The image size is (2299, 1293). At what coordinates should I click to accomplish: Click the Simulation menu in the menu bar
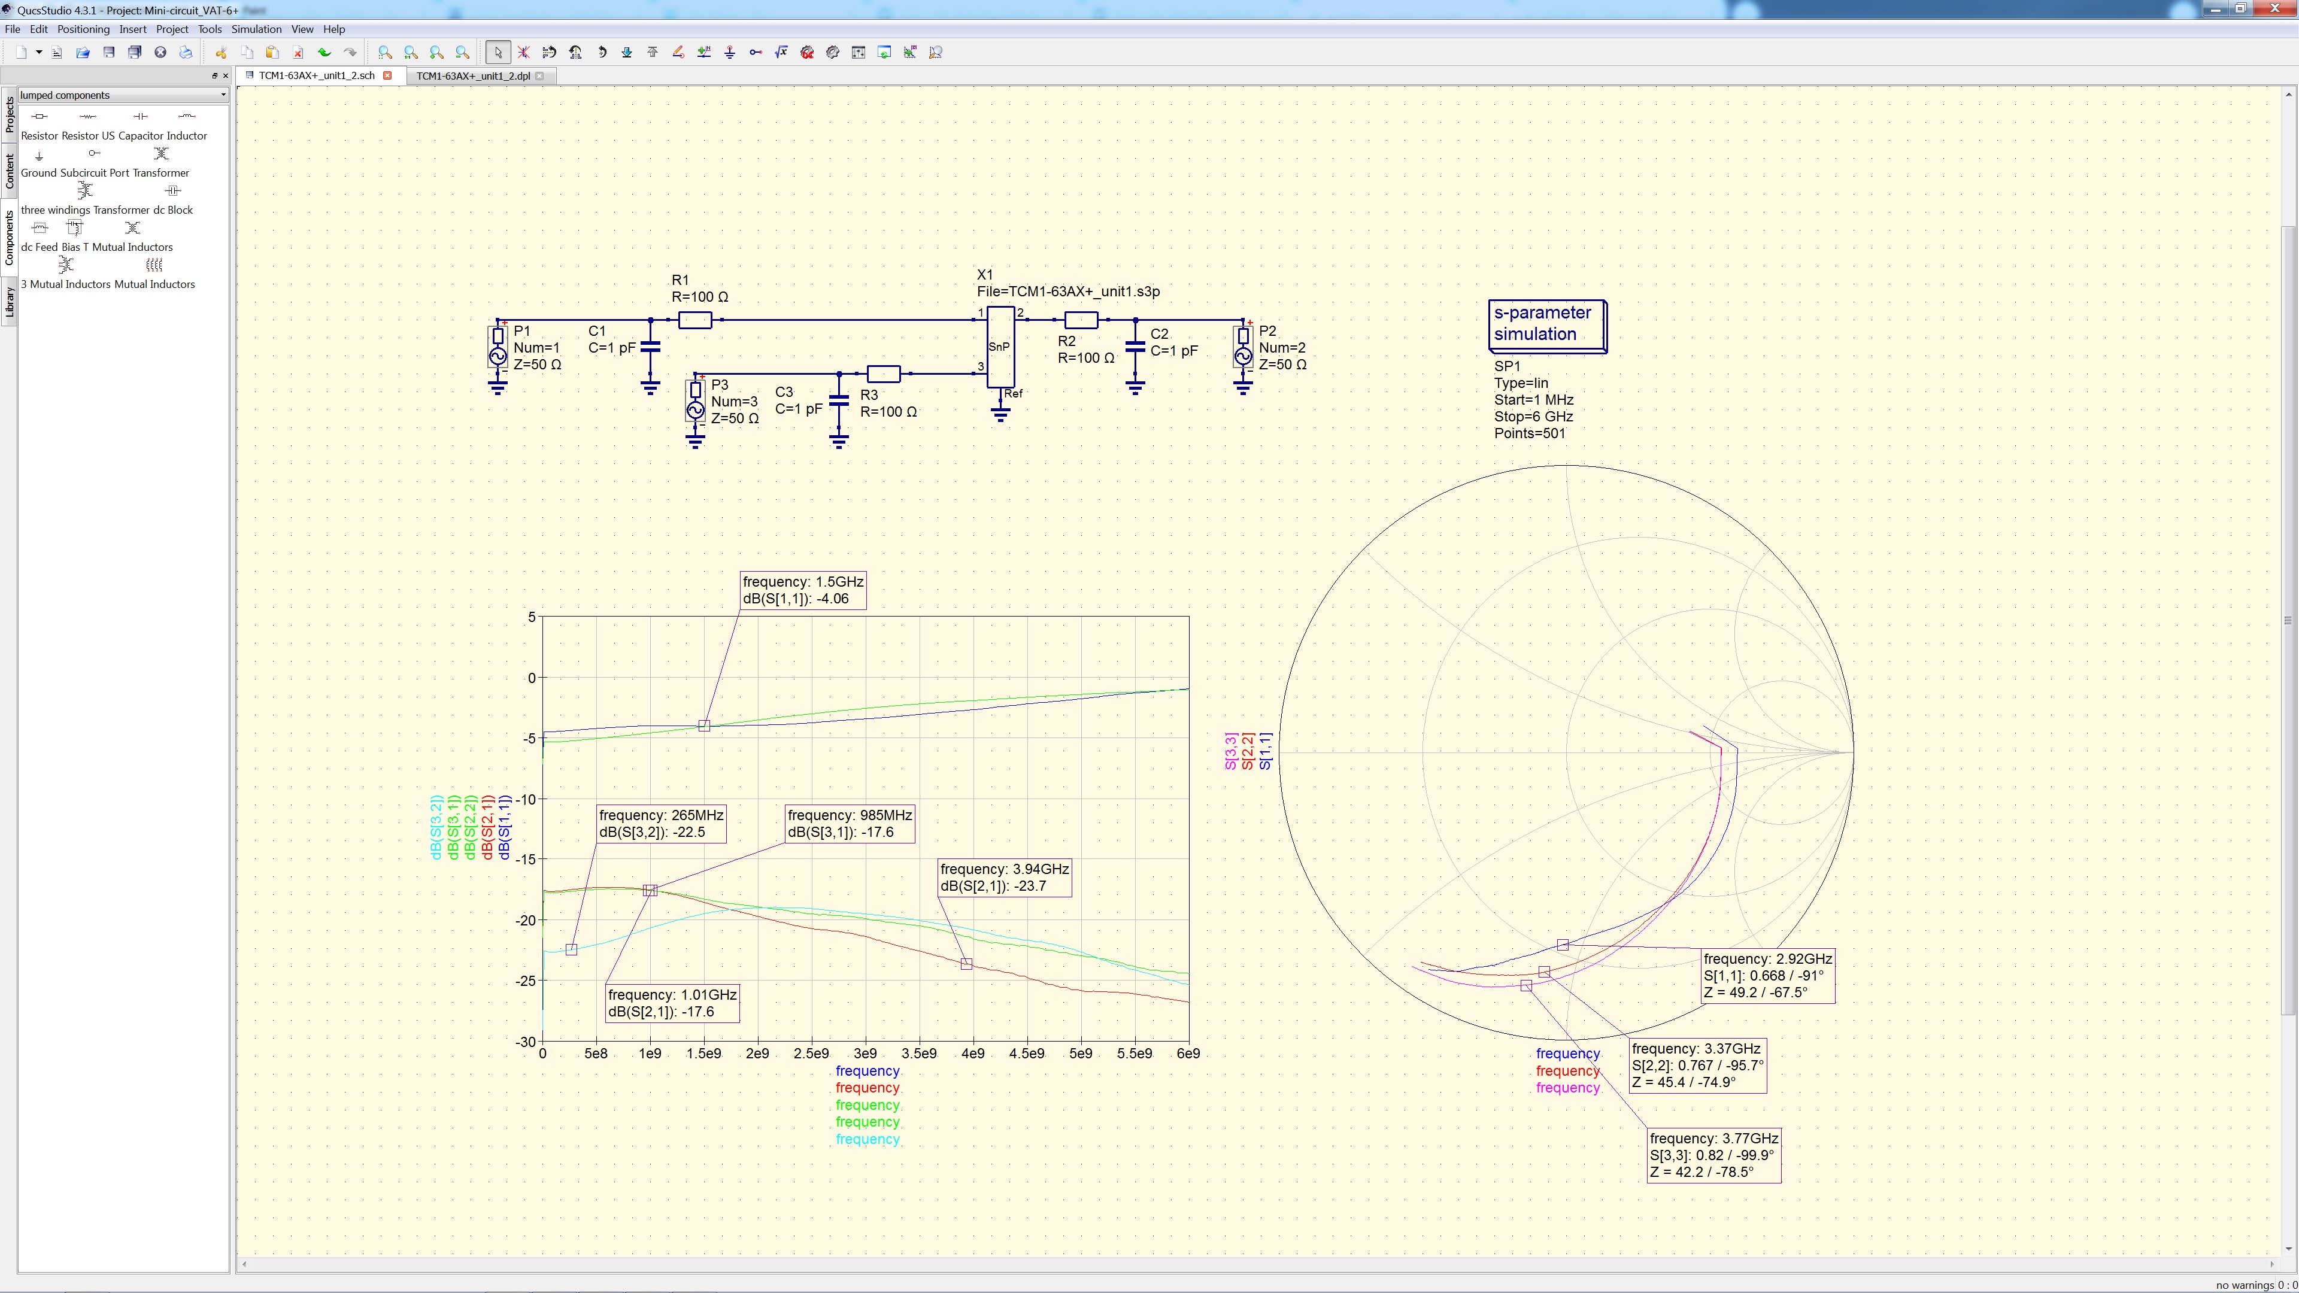pyautogui.click(x=256, y=29)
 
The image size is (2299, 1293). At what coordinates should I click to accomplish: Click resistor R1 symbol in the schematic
pyautogui.click(x=694, y=320)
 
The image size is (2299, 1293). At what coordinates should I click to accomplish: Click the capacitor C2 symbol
pyautogui.click(x=1135, y=347)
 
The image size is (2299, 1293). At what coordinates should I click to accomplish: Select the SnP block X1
pyautogui.click(x=1000, y=347)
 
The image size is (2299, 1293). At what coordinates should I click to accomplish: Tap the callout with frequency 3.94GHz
pyautogui.click(x=1004, y=877)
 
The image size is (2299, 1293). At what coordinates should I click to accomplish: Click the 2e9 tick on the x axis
pyautogui.click(x=757, y=1054)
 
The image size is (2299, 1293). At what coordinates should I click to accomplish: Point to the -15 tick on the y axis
pyautogui.click(x=525, y=860)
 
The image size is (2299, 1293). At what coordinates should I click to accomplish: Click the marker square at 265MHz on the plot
pyautogui.click(x=571, y=949)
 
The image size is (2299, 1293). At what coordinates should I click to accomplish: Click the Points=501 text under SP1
pyautogui.click(x=1529, y=433)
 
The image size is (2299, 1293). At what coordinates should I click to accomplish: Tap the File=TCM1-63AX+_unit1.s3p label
pyautogui.click(x=1067, y=292)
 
